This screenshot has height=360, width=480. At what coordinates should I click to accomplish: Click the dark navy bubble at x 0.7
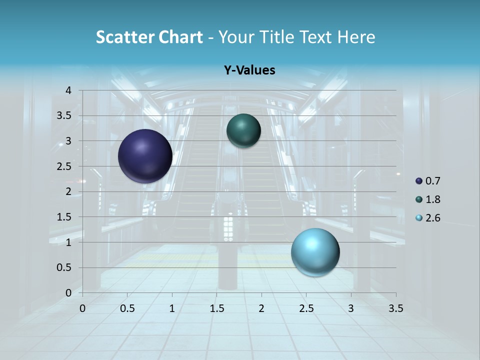pos(145,156)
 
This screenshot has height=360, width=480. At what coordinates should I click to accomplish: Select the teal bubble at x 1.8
pos(243,130)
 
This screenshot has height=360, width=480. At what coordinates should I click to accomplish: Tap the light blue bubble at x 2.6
pos(315,252)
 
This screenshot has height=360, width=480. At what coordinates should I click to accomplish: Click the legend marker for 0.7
pos(419,181)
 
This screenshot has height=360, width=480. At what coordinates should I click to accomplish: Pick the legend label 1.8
pos(433,199)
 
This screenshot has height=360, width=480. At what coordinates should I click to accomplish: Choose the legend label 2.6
pos(433,218)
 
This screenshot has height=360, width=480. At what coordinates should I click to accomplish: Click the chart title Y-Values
pos(249,70)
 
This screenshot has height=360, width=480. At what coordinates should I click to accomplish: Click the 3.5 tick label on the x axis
pos(395,308)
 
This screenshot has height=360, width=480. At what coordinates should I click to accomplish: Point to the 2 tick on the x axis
pos(261,308)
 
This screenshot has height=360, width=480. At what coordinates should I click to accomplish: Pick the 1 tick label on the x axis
pos(172,308)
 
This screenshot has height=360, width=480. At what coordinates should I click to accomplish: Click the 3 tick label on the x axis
pos(351,308)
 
